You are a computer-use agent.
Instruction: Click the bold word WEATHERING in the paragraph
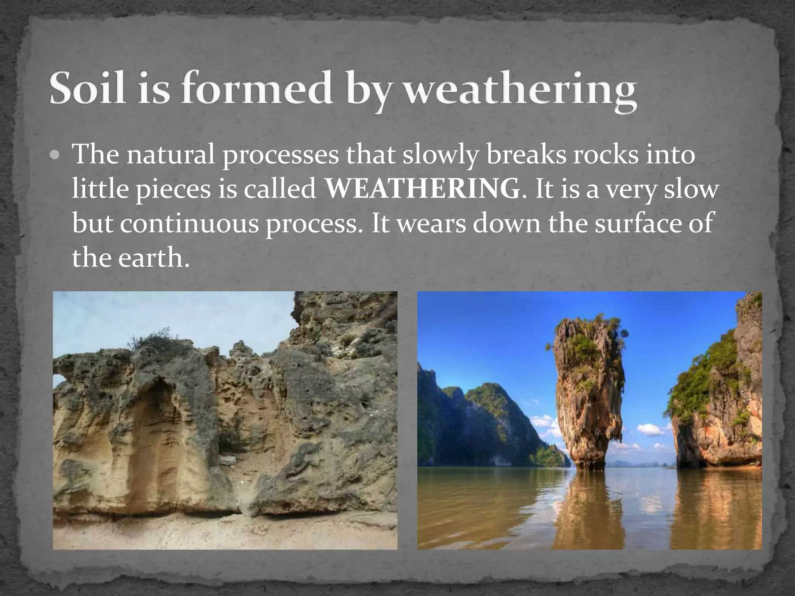coord(422,190)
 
